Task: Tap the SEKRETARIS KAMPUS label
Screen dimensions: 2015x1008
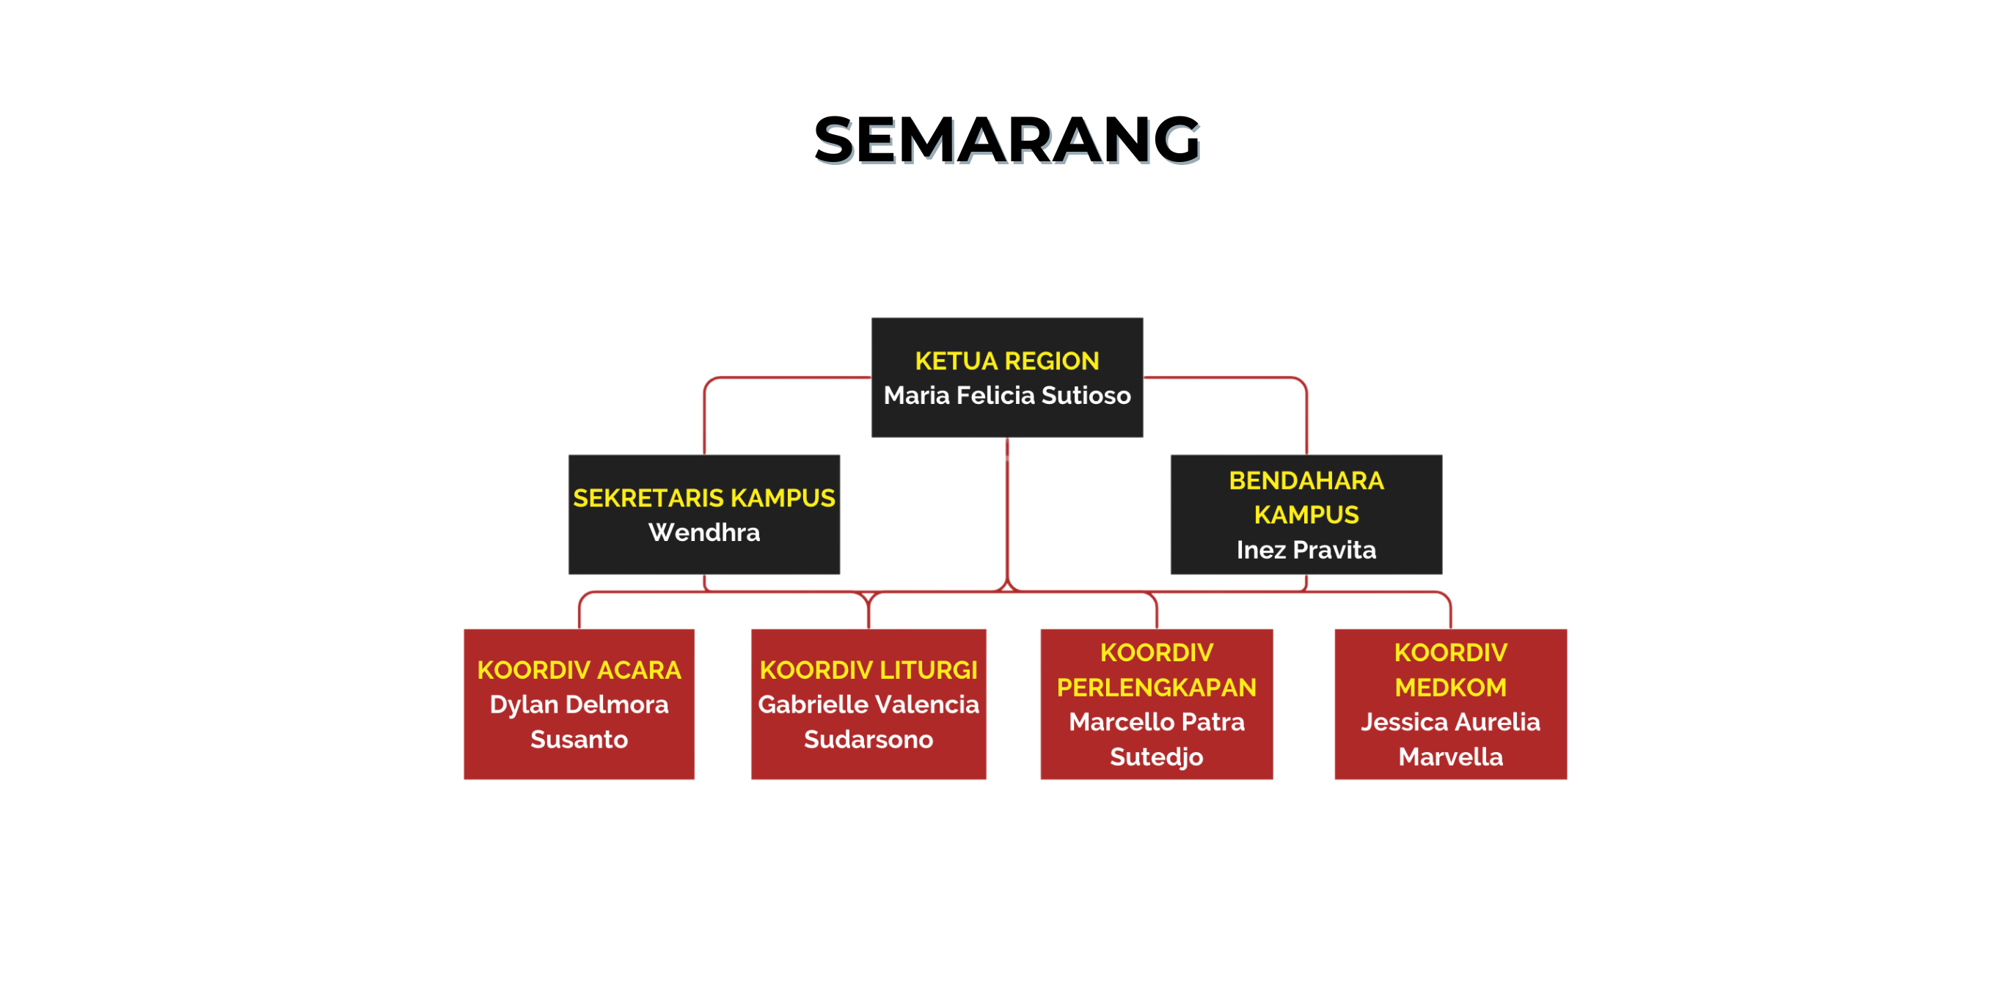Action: pyautogui.click(x=704, y=497)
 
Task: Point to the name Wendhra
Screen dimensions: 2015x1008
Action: pyautogui.click(x=704, y=531)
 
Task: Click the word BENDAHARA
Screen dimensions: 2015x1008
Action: pyautogui.click(x=1306, y=480)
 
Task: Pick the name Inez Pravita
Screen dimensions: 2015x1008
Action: pyautogui.click(x=1306, y=550)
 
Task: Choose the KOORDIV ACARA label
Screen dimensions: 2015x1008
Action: pyautogui.click(x=579, y=669)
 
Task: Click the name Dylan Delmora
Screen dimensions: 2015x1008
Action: pyautogui.click(x=579, y=705)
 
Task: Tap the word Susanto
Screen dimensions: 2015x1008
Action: pyautogui.click(x=579, y=739)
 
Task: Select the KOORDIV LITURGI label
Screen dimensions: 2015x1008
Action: pyautogui.click(x=868, y=669)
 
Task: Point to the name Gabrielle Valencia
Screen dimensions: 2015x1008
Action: pyautogui.click(x=868, y=704)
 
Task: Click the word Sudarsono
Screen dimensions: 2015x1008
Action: pyautogui.click(x=868, y=739)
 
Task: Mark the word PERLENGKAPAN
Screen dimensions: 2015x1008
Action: pyautogui.click(x=1156, y=688)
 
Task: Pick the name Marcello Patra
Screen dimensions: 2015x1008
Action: pyautogui.click(x=1156, y=722)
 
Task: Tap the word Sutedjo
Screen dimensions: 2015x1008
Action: pyautogui.click(x=1156, y=757)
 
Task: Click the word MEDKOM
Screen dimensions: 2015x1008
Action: pyautogui.click(x=1450, y=688)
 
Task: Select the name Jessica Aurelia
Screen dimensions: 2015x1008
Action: pyautogui.click(x=1450, y=722)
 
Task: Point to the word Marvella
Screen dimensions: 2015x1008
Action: pyautogui.click(x=1450, y=757)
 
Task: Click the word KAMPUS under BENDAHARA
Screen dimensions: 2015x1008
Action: pyautogui.click(x=1306, y=515)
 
